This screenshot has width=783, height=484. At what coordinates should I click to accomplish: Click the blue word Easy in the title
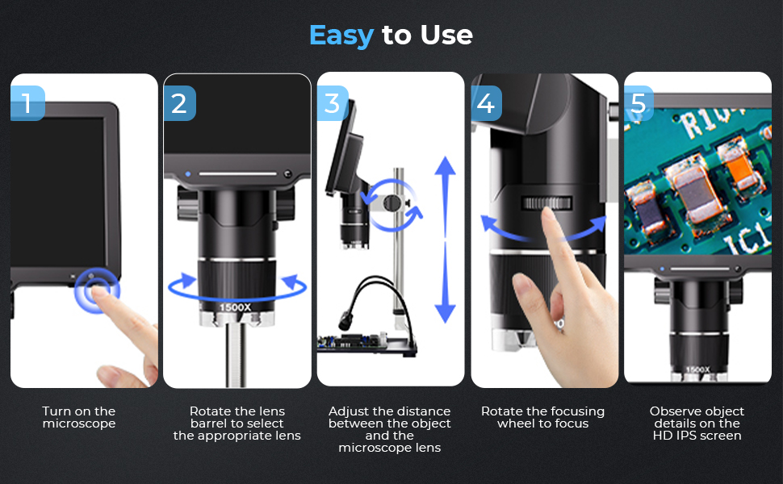tap(341, 35)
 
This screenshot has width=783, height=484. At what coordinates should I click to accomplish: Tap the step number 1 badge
tap(27, 103)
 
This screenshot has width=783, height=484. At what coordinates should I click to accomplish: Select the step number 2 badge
tap(180, 103)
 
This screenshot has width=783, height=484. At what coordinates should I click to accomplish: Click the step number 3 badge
tap(333, 103)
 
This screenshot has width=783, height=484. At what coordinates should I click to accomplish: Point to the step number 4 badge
tap(487, 103)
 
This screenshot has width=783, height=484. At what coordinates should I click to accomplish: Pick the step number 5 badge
tap(639, 103)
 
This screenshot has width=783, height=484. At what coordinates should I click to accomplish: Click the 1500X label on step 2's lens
tap(235, 307)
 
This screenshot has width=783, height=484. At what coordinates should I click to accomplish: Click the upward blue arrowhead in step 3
tap(445, 165)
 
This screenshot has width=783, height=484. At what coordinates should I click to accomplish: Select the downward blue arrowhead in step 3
tap(445, 313)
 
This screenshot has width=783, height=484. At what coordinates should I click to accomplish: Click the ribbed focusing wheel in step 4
tap(546, 203)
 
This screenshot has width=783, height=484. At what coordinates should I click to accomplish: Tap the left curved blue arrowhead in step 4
tap(488, 223)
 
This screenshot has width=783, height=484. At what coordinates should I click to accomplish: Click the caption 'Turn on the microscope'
tap(79, 418)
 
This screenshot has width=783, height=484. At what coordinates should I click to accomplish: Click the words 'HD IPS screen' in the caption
tap(697, 436)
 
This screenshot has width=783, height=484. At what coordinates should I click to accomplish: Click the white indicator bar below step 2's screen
tap(237, 173)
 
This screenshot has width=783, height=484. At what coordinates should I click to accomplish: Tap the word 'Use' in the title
tap(446, 35)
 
